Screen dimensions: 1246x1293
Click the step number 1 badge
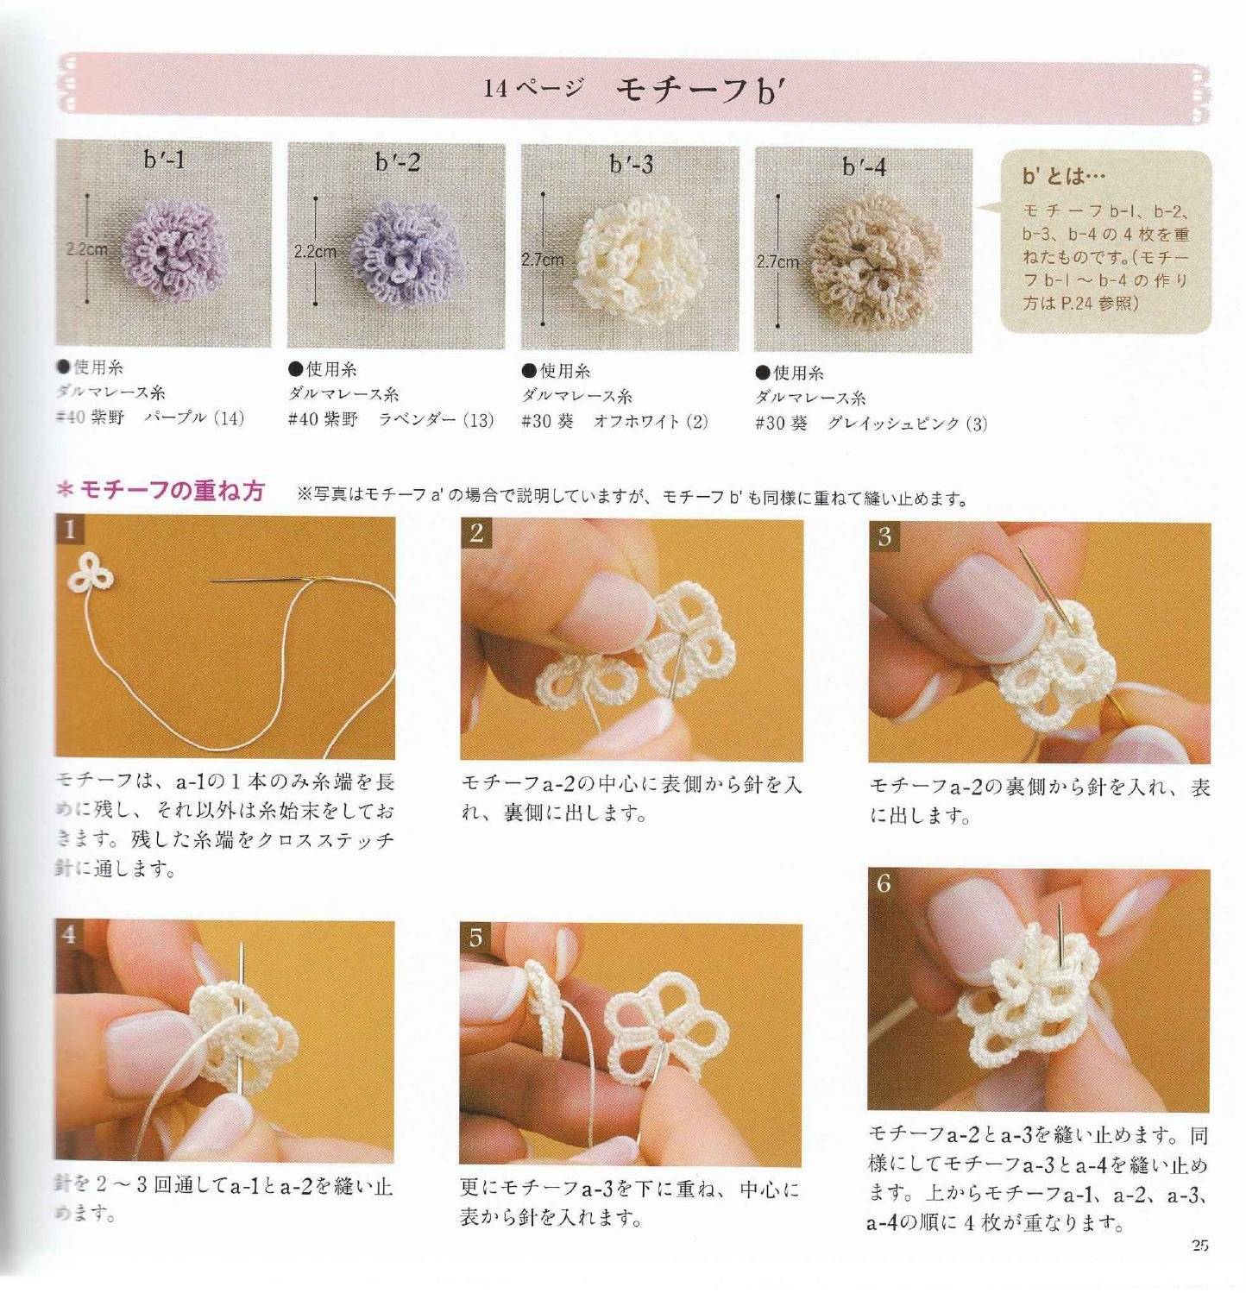pyautogui.click(x=69, y=529)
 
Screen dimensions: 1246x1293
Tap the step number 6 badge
pyautogui.click(x=883, y=883)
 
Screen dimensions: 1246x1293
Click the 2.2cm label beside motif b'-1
pyautogui.click(x=87, y=250)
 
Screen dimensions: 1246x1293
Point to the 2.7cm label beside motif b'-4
pyautogui.click(x=777, y=261)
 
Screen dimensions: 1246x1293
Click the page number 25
pyautogui.click(x=1199, y=1245)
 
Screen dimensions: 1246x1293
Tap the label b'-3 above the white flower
pyautogui.click(x=632, y=164)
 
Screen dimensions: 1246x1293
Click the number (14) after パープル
pyautogui.click(x=229, y=419)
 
